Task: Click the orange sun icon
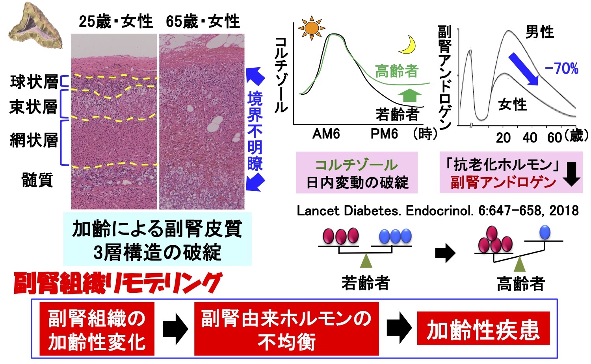coord(312,28)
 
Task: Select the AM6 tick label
coord(326,134)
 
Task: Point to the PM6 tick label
coord(384,134)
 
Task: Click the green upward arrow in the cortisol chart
coord(409,95)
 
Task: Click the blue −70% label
coord(561,68)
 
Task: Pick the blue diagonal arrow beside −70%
coord(524,68)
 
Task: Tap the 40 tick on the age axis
coord(530,138)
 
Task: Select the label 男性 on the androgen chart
coord(540,32)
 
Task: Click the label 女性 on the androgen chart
coord(512,105)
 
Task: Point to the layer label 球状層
coord(34,82)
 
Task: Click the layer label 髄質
coord(37,180)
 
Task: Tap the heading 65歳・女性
coord(203,21)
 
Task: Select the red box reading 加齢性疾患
coord(483,329)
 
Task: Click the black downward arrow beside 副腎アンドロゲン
coord(571,174)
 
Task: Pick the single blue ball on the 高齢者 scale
coord(545,232)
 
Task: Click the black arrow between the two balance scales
coord(445,253)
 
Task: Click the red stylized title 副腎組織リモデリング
coord(118,284)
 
